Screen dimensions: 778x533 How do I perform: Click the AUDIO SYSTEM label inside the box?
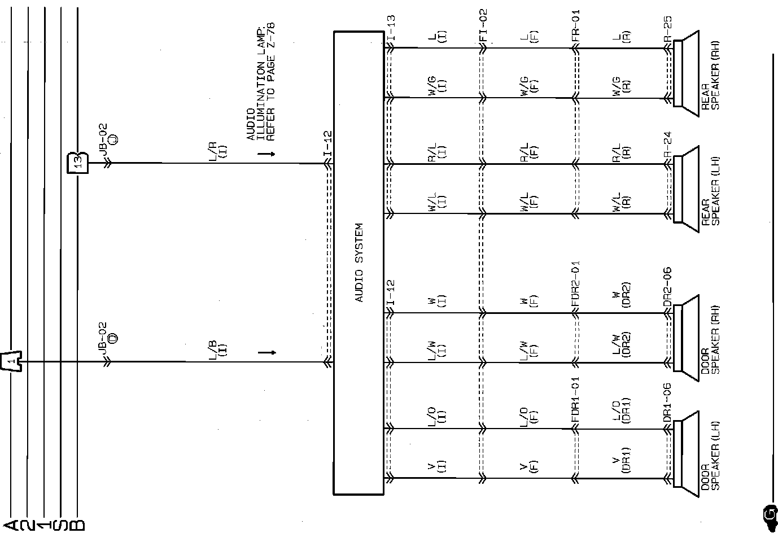pos(359,263)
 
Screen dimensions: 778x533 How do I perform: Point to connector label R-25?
pos(667,28)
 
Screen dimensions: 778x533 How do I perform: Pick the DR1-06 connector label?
pos(667,403)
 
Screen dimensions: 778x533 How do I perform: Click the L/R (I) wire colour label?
pos(217,150)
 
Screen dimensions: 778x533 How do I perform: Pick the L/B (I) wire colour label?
pos(217,348)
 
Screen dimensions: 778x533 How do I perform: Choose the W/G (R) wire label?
pos(621,85)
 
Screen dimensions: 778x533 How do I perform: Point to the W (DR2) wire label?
pos(621,294)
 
